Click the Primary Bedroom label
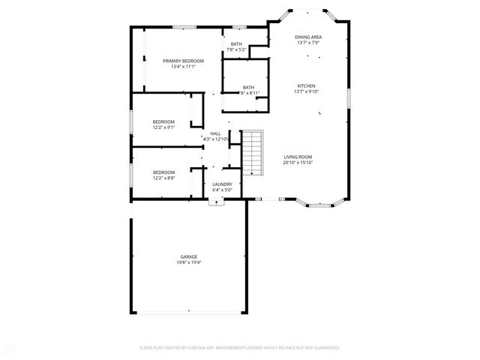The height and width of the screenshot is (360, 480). (x=183, y=60)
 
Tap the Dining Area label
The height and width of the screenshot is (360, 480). (x=308, y=36)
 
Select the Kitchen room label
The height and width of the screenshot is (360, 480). (x=306, y=85)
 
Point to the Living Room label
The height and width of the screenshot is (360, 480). (x=298, y=157)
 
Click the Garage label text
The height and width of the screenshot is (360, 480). (x=188, y=256)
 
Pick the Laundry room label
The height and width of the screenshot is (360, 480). (x=222, y=184)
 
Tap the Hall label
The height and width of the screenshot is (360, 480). (x=215, y=133)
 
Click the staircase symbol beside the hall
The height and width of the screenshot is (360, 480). (x=253, y=151)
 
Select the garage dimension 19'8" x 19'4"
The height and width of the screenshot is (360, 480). (x=188, y=262)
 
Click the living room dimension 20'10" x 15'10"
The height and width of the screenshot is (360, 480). (x=298, y=163)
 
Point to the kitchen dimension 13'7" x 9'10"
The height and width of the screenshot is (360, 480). (x=306, y=91)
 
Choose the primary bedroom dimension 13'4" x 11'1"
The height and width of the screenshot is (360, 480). (x=183, y=66)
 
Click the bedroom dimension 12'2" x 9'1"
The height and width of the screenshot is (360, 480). (x=163, y=127)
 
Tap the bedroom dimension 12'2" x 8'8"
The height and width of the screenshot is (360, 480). (x=163, y=177)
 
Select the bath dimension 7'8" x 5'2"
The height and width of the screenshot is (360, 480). (x=236, y=49)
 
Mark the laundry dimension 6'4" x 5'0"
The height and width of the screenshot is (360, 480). (x=222, y=190)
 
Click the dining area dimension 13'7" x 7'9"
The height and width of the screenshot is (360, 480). (x=308, y=42)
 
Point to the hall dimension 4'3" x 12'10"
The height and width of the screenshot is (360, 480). (x=215, y=139)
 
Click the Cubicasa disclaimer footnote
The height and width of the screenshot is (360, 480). (x=240, y=347)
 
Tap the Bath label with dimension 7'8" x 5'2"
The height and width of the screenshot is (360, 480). (x=236, y=43)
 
